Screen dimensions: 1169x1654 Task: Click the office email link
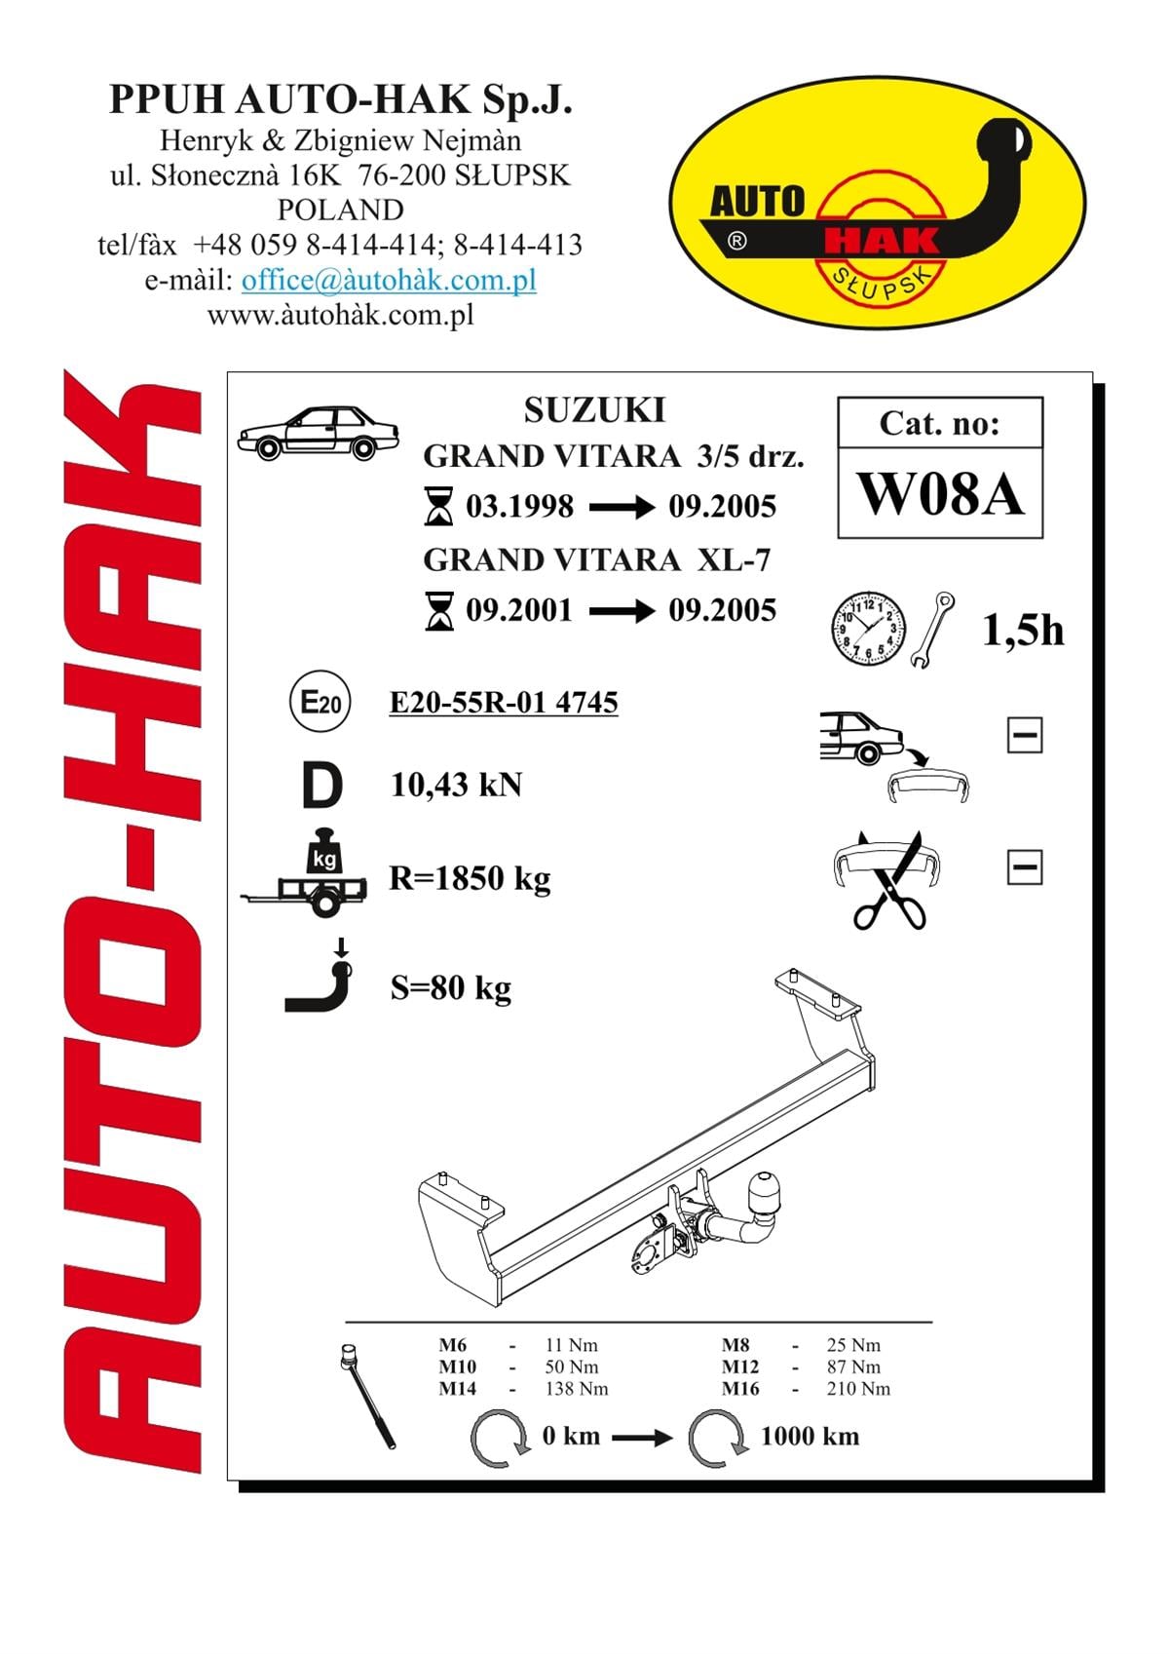click(x=389, y=280)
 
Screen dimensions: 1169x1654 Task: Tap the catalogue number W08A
click(x=939, y=494)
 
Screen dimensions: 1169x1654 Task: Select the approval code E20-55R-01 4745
click(x=504, y=702)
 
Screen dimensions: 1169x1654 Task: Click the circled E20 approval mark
click(x=320, y=701)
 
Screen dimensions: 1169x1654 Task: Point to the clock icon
click(x=869, y=629)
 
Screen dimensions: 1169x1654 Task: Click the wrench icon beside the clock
click(x=932, y=629)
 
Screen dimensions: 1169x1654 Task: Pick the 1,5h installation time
click(x=1023, y=632)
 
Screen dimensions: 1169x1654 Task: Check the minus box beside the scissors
click(x=1025, y=866)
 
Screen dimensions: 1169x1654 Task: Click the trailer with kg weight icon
click(x=305, y=873)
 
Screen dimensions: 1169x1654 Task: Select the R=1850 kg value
click(x=471, y=879)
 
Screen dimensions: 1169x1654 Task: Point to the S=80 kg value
click(x=451, y=988)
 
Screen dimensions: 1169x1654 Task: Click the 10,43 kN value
click(x=456, y=785)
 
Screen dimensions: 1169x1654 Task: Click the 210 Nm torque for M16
click(x=858, y=1389)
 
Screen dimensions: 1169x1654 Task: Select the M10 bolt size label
click(x=458, y=1366)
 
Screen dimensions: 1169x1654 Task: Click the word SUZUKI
click(x=595, y=410)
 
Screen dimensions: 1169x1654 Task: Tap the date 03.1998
click(x=519, y=507)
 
